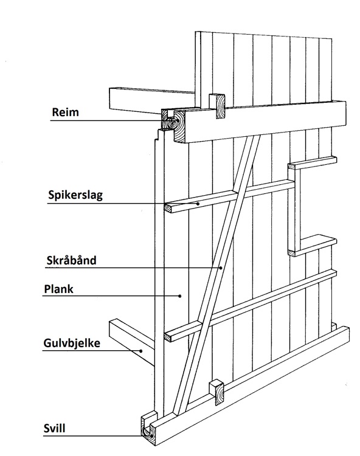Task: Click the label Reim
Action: (x=65, y=112)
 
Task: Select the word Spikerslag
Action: (x=75, y=195)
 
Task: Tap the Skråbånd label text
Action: (x=71, y=260)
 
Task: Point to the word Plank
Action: (x=58, y=289)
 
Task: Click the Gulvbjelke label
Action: (x=72, y=343)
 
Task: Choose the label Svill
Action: (x=54, y=429)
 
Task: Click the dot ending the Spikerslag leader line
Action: (x=198, y=204)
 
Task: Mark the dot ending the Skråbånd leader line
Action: (x=221, y=268)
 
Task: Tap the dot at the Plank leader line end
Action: (x=180, y=295)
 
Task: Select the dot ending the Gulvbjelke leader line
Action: (x=141, y=351)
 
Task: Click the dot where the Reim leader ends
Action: (x=177, y=121)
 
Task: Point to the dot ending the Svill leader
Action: (x=151, y=436)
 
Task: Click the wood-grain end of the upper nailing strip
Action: (x=168, y=208)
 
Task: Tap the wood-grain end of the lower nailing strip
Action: (x=168, y=337)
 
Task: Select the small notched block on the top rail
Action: (x=217, y=106)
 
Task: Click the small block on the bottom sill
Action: (x=217, y=393)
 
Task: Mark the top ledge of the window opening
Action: (x=313, y=163)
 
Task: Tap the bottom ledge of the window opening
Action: (x=313, y=246)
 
